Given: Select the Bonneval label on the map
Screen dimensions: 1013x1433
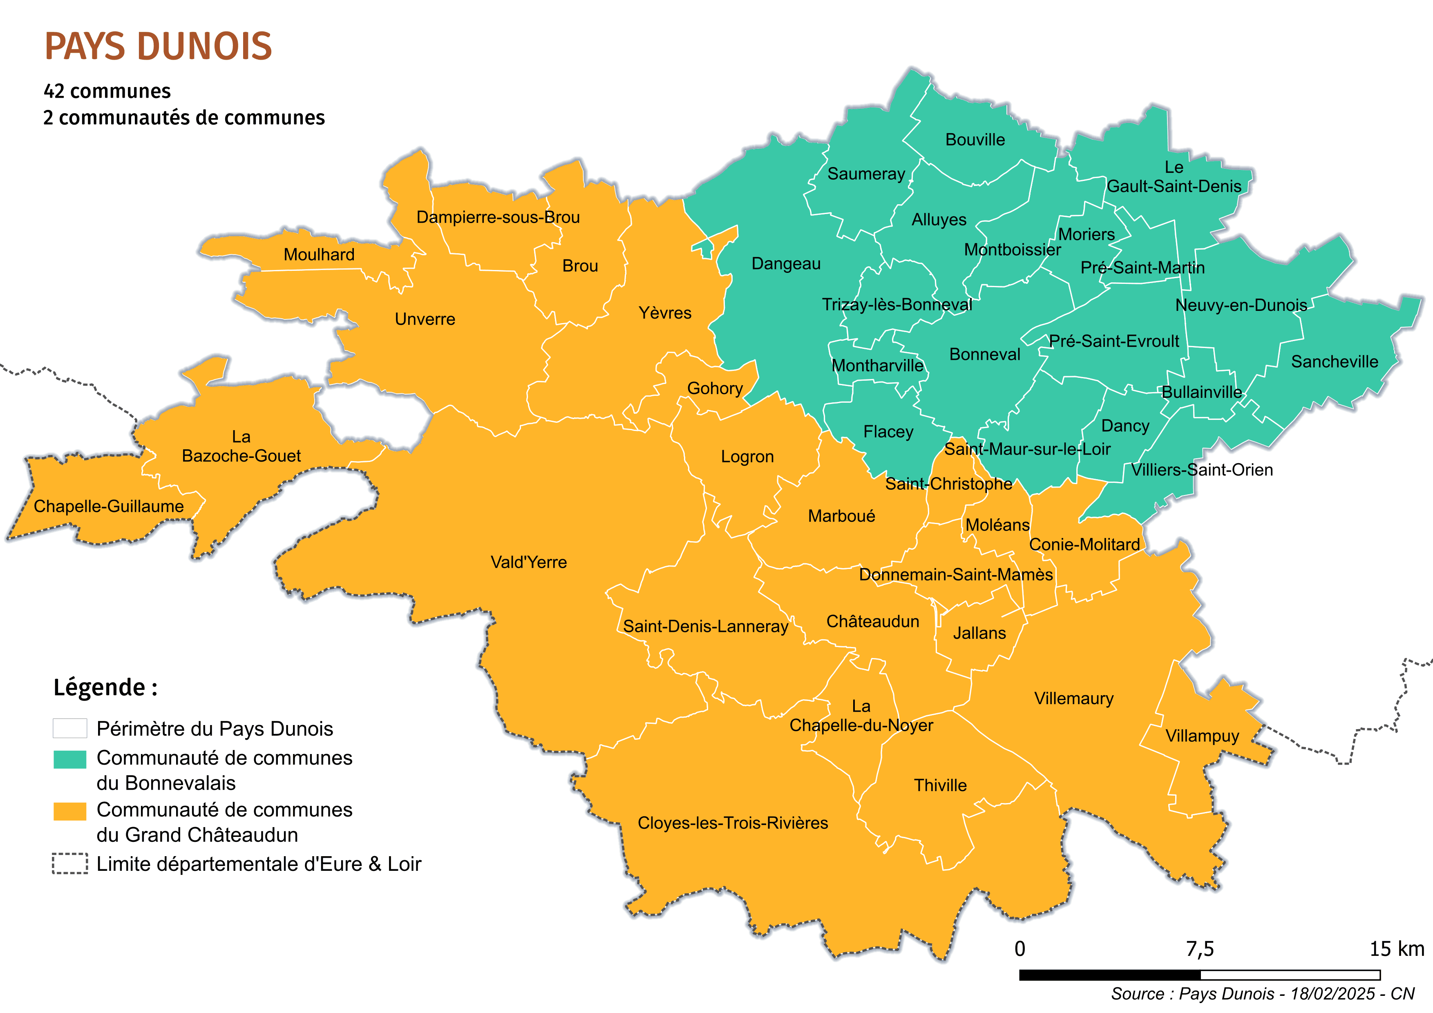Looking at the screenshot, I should click(984, 354).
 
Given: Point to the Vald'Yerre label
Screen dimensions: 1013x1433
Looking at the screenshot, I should click(529, 562).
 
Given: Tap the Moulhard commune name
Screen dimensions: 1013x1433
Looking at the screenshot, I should click(319, 254).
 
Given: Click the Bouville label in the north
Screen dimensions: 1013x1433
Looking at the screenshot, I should click(975, 140).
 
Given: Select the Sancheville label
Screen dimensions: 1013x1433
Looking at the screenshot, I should click(1335, 362).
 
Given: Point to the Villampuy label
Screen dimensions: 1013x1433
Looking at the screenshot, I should click(1202, 736).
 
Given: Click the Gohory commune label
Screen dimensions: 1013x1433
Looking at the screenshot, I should click(715, 388).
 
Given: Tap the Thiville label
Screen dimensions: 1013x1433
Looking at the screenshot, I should click(940, 785).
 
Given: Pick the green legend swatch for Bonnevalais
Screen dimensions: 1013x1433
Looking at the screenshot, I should click(70, 759).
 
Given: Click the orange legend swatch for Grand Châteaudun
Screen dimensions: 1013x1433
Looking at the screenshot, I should click(70, 811).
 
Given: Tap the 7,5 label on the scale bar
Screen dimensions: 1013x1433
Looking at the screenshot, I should click(1200, 949).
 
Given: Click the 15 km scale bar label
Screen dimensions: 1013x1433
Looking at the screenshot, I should click(1397, 949).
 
